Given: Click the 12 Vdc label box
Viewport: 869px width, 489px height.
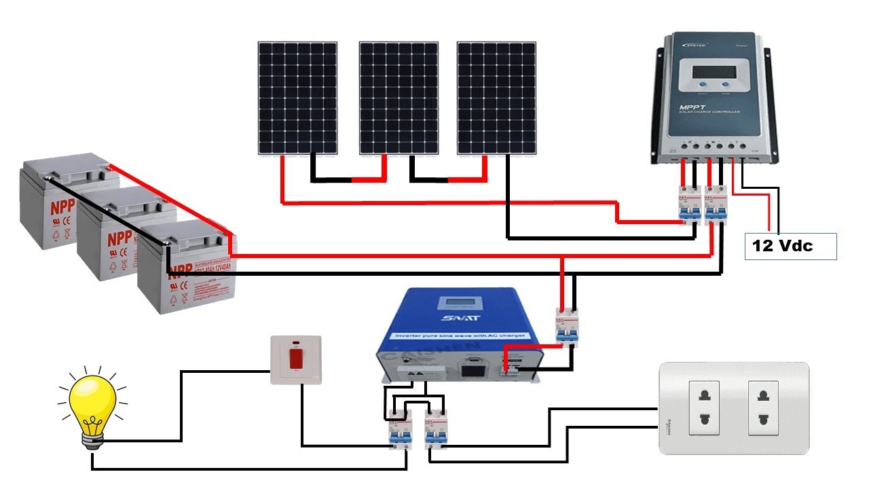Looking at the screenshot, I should pos(790,247).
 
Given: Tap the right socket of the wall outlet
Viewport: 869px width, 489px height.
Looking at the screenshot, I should pos(766,407).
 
